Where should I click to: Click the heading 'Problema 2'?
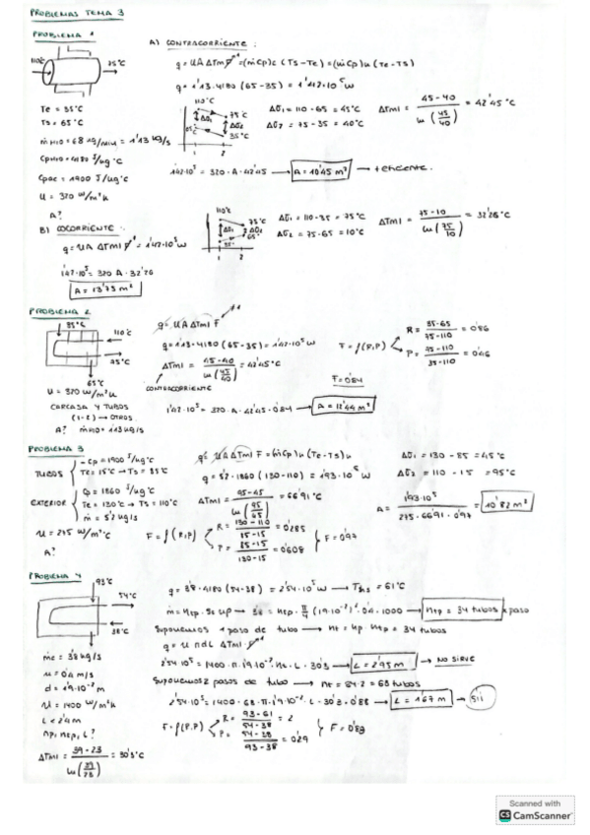tap(50, 314)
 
